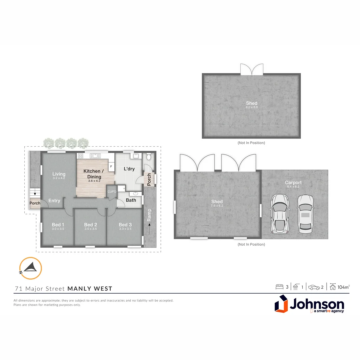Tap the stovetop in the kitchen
[80, 155]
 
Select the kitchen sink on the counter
[95, 155]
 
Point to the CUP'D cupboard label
[112, 191]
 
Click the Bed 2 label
[91, 225]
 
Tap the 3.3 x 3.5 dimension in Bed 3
[125, 229]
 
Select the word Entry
[54, 201]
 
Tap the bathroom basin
[136, 193]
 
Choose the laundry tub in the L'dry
[136, 156]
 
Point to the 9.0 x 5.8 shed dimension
[252, 107]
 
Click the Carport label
[293, 182]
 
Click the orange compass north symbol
[30, 268]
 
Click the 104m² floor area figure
[343, 287]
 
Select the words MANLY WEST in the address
[90, 289]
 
